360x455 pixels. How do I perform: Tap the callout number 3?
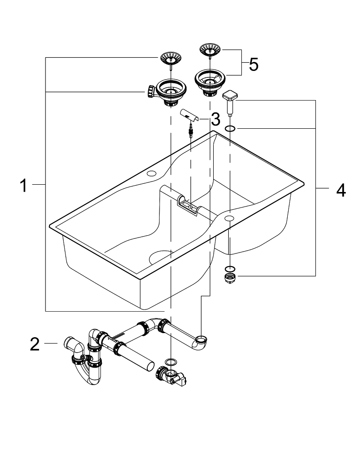click(x=215, y=120)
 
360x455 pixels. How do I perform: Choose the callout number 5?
click(x=254, y=65)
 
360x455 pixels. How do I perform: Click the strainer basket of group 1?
click(x=169, y=58)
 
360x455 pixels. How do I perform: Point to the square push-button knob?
click(x=230, y=97)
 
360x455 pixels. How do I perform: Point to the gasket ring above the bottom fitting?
click(x=171, y=362)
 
